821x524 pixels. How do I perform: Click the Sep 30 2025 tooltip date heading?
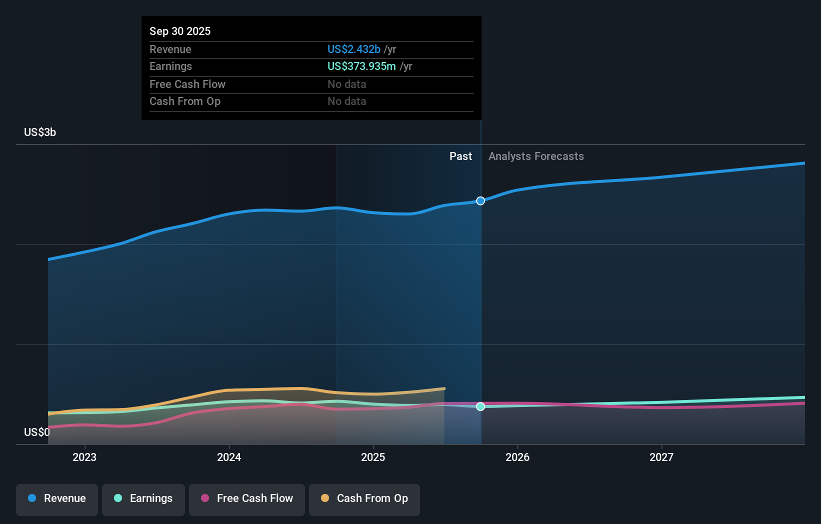click(180, 31)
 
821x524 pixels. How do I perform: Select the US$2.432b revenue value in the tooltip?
click(353, 49)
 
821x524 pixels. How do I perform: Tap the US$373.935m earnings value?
click(361, 66)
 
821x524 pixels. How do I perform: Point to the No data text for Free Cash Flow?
click(346, 84)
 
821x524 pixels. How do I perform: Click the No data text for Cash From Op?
click(346, 101)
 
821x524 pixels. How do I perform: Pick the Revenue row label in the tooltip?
click(170, 49)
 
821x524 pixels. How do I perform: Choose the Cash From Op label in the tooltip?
click(184, 101)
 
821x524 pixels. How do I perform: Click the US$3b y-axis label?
click(40, 132)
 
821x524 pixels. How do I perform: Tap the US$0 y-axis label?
click(36, 432)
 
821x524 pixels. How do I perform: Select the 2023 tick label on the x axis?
click(84, 457)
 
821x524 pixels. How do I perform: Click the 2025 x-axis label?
click(373, 457)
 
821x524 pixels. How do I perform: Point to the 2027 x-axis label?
click(661, 457)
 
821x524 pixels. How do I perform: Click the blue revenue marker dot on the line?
click(480, 201)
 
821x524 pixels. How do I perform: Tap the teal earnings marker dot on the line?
click(480, 406)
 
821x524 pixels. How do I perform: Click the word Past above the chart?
click(460, 156)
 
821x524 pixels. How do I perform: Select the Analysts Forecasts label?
click(536, 156)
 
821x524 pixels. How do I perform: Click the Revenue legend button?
click(57, 499)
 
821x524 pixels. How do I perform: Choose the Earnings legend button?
click(143, 499)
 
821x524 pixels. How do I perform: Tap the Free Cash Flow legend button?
click(247, 499)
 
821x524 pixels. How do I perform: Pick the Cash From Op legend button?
click(364, 499)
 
